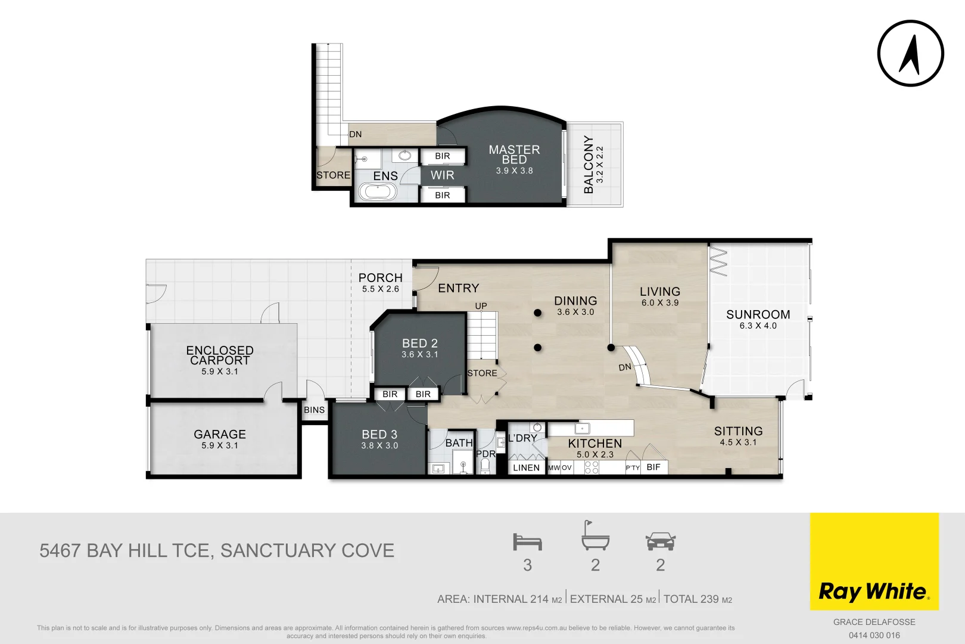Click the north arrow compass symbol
910,53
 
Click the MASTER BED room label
514,154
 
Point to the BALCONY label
589,165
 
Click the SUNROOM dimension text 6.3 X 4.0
758,326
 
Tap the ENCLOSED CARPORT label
220,355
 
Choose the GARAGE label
220,435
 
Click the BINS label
314,410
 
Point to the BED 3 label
379,435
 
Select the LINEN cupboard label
526,467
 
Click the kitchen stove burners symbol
592,467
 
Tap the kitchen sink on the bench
582,428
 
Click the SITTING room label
738,431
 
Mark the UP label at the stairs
481,306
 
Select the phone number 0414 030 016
874,635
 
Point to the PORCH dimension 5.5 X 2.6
380,289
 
